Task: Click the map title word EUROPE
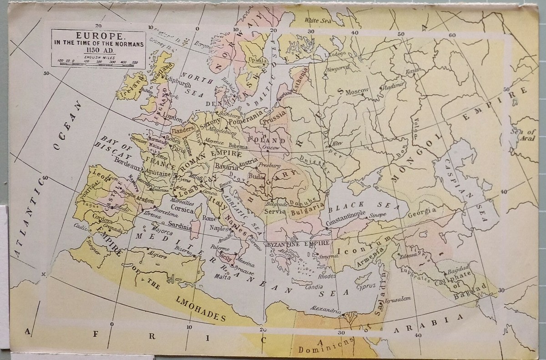(x=98, y=35)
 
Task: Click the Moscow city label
(x=357, y=91)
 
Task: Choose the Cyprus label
(x=366, y=286)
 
